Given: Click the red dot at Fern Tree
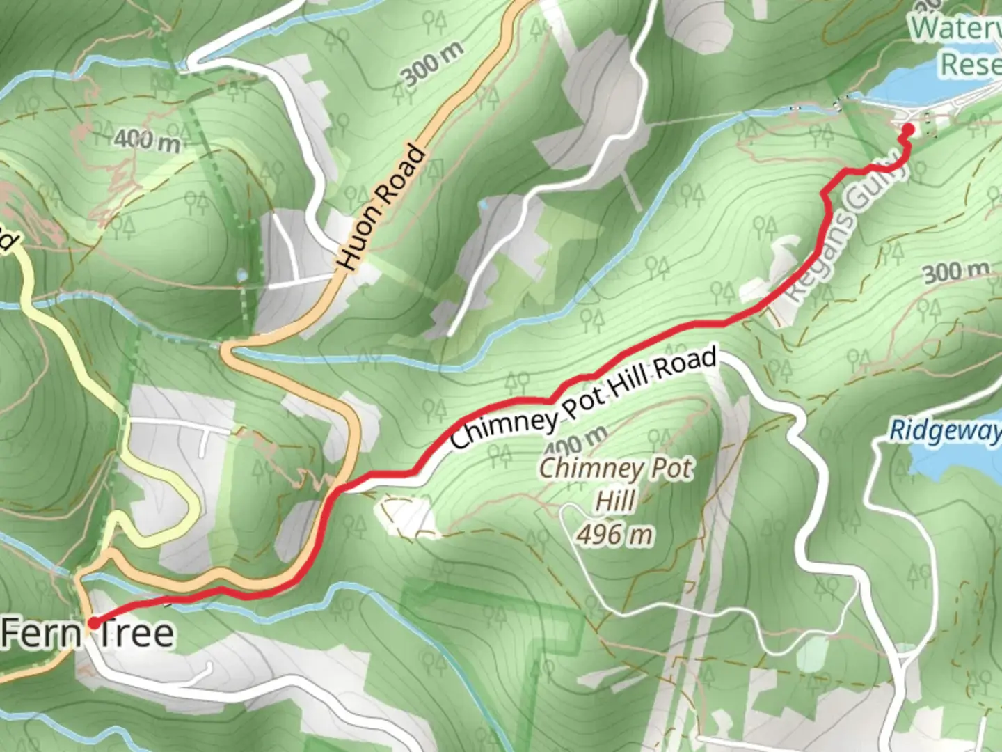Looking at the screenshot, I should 92,622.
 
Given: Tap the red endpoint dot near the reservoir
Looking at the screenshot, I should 907,129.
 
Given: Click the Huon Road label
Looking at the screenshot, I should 381,207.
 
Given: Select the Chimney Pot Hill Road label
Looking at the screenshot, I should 583,399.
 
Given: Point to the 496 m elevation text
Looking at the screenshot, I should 614,535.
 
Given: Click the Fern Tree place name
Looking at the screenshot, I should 88,634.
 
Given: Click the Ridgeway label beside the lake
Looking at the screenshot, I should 945,430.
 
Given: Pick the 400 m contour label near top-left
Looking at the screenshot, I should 147,140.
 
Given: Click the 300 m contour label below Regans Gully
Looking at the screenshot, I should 956,272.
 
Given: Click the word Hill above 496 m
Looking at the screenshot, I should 615,501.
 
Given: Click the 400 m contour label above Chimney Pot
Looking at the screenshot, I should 574,441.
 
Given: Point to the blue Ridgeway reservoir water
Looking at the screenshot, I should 960,460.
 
